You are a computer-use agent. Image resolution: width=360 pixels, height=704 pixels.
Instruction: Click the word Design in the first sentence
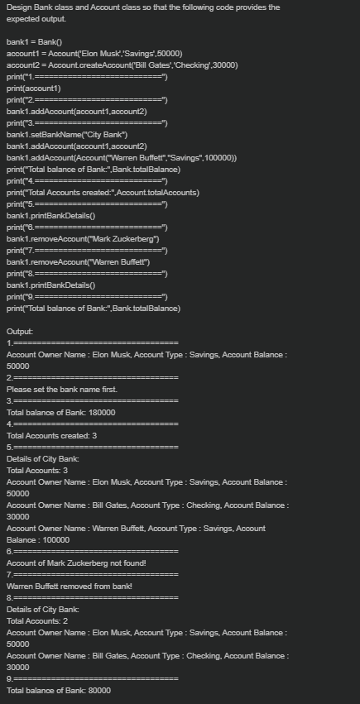point(20,7)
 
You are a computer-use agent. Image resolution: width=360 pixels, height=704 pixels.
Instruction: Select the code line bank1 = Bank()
point(34,41)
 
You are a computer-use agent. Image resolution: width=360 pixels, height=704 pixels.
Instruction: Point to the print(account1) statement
point(34,88)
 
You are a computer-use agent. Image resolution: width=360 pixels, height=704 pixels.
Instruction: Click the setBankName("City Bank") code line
point(67,134)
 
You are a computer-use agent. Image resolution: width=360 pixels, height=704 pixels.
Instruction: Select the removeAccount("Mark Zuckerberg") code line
point(83,238)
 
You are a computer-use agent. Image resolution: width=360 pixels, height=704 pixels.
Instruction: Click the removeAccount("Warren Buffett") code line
point(79,261)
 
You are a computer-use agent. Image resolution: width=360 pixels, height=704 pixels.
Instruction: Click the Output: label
point(20,331)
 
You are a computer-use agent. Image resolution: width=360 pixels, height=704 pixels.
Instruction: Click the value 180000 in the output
point(102,412)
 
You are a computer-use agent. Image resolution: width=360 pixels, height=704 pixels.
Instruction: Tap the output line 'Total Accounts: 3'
point(37,470)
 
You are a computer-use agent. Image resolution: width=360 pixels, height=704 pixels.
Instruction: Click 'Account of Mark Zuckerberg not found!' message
point(76,563)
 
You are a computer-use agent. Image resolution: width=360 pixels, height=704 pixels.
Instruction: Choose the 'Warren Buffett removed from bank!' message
point(70,586)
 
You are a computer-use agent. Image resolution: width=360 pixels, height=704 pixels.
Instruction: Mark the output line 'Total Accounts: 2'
point(37,620)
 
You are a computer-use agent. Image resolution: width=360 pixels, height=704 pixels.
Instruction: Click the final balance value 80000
point(99,690)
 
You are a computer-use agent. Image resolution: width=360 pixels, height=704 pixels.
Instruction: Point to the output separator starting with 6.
point(92,551)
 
